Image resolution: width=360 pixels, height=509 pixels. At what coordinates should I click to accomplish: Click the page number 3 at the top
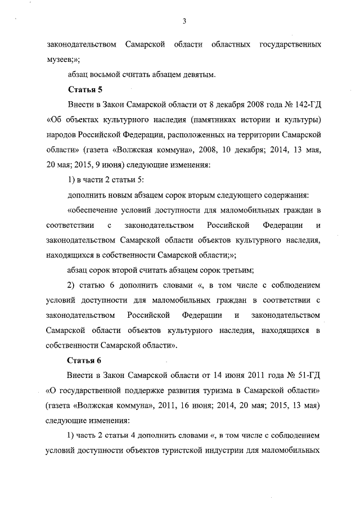point(184,21)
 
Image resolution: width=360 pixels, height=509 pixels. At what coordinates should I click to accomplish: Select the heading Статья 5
point(84,89)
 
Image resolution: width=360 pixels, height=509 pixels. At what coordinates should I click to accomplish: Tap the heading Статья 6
point(84,359)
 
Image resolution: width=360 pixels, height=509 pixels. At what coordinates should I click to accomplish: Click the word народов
point(63,135)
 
